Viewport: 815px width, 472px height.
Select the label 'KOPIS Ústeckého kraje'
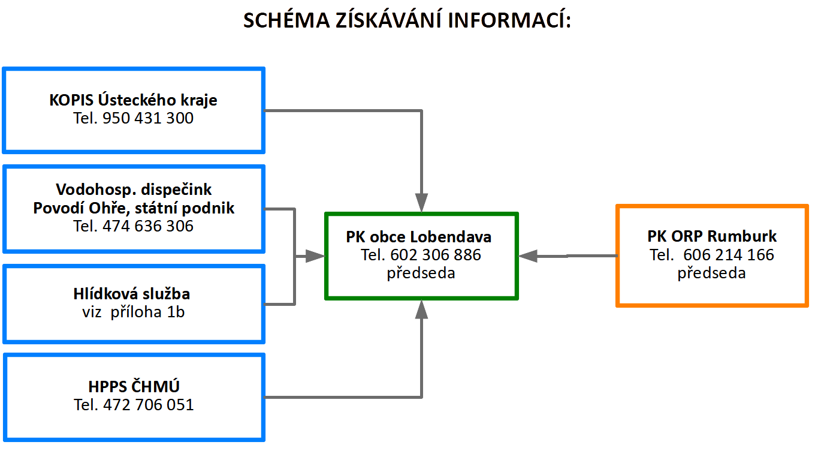[133, 100]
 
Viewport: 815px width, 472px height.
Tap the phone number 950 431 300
[148, 118]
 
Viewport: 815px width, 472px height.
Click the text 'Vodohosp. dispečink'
[134, 190]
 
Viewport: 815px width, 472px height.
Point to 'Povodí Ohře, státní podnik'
[134, 208]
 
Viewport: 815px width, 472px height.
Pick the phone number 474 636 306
[148, 226]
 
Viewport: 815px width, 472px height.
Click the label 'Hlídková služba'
[132, 293]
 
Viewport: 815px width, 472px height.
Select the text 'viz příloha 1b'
[134, 312]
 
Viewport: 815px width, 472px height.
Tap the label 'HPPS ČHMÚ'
[134, 386]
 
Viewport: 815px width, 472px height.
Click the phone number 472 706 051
[149, 405]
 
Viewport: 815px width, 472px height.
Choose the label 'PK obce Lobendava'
[419, 237]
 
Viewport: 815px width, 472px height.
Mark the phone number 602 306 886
[436, 255]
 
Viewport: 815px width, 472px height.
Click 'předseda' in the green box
[421, 273]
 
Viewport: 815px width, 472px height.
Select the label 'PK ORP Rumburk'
[712, 236]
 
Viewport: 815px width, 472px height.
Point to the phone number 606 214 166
[729, 254]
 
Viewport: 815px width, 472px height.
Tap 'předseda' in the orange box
[712, 273]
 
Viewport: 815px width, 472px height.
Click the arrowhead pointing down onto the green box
[421, 203]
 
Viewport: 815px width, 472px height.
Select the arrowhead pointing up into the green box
[421, 309]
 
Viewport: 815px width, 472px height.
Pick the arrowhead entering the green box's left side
[315, 256]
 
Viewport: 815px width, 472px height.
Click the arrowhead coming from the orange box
[528, 256]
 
